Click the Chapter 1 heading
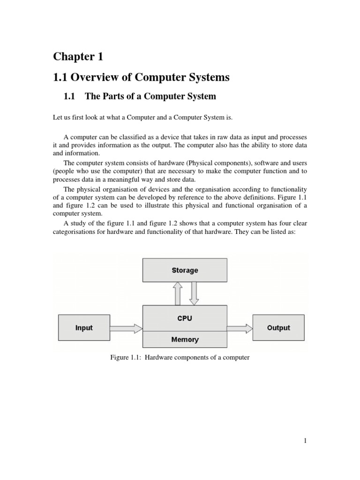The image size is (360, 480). click(x=78, y=57)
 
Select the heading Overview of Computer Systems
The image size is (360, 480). click(x=141, y=77)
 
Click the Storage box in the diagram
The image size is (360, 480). click(x=185, y=270)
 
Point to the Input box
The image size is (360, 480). click(x=84, y=328)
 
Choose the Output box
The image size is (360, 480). click(x=278, y=328)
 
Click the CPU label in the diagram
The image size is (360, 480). click(x=185, y=318)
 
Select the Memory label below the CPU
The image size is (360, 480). click(x=185, y=339)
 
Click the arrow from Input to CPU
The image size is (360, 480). click(x=126, y=328)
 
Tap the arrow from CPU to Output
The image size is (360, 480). click(x=240, y=328)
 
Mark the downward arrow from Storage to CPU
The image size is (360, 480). click(x=194, y=293)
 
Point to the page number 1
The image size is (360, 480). click(x=305, y=441)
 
